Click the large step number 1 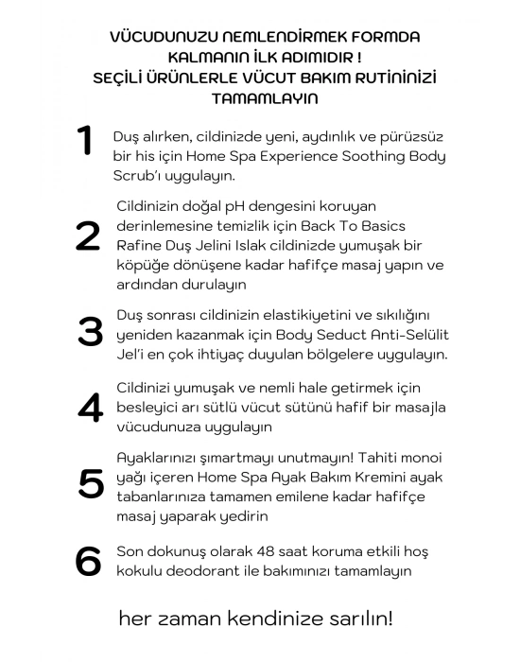(x=86, y=141)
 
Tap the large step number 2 (x=88, y=236)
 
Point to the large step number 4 (x=89, y=407)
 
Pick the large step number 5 (x=91, y=482)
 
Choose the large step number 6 (x=88, y=561)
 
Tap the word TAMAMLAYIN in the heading (x=264, y=97)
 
